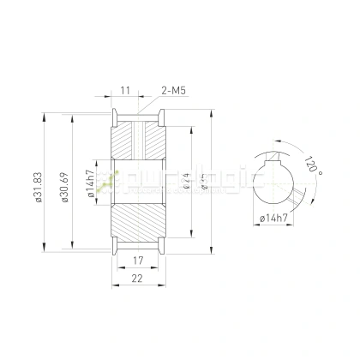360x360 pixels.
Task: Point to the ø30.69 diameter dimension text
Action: [64, 184]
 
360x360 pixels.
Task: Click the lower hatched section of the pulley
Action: [137, 225]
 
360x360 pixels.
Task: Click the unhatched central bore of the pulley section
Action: [137, 182]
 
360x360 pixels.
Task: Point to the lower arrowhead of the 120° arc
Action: [299, 203]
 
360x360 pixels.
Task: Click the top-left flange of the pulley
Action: [114, 115]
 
